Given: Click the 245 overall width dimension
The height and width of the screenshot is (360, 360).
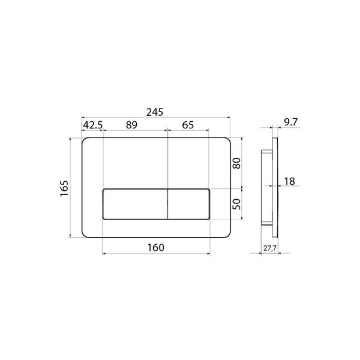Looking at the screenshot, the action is point(155,112).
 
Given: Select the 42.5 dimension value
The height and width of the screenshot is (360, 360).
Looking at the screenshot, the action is point(93,125).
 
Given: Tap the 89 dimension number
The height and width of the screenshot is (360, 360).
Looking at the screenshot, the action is point(131,125).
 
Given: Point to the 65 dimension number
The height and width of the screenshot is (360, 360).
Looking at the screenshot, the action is point(188,125).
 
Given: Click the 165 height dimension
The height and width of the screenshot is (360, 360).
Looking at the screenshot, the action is point(64,188).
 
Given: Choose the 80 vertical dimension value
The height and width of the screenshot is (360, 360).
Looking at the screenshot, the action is point(237,163).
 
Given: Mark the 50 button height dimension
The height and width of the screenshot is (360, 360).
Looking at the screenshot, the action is point(237,204).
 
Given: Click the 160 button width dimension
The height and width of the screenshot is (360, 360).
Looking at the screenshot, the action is point(156,248).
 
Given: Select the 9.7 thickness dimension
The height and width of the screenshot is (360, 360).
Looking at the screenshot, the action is point(290,122).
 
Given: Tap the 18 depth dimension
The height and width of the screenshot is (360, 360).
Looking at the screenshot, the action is point(290,181).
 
